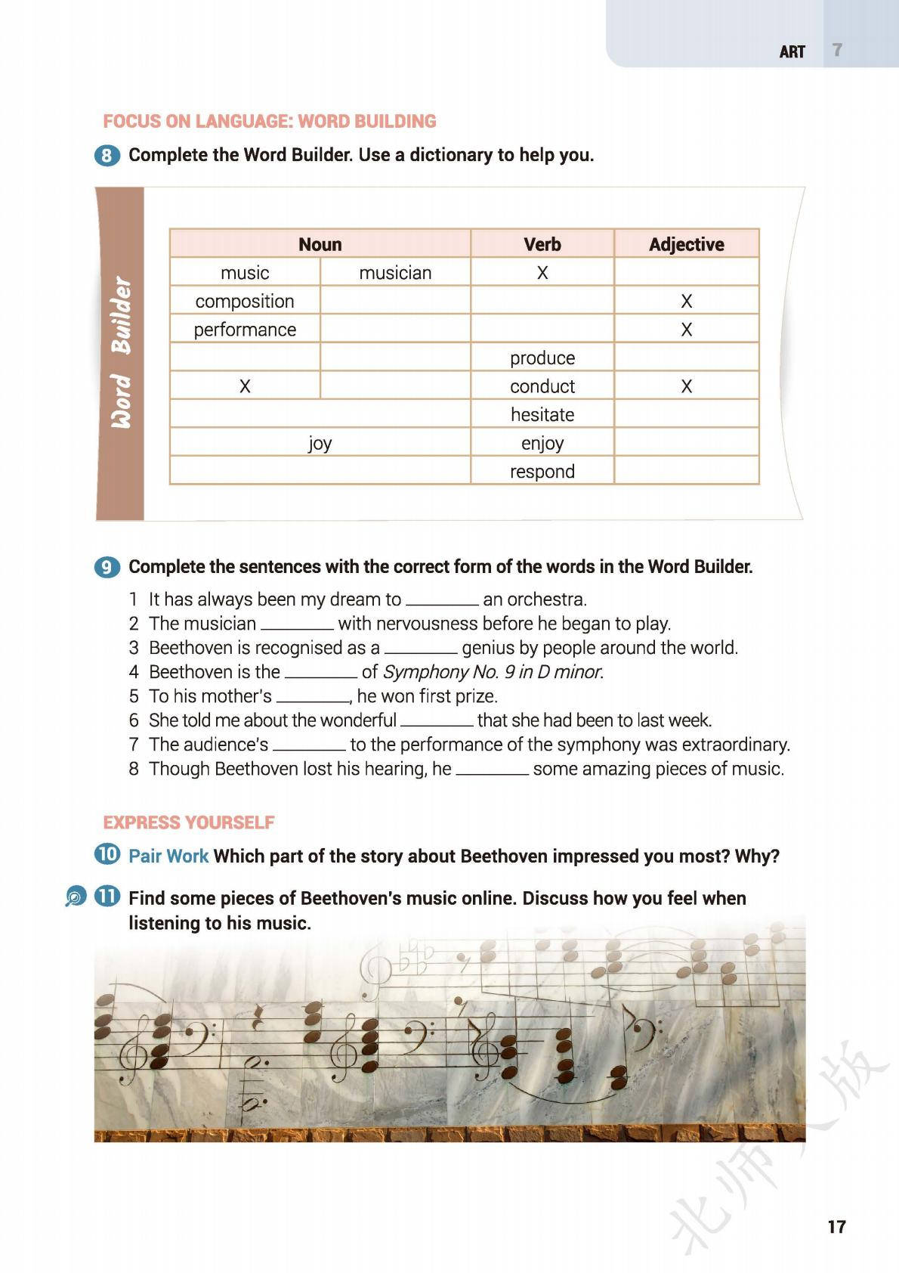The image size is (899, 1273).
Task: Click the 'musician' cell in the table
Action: click(395, 273)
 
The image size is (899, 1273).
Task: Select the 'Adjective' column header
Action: click(686, 244)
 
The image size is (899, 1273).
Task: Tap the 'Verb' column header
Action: click(542, 244)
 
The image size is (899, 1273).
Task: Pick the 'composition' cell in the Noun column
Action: click(245, 301)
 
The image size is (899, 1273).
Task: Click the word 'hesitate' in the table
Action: click(542, 414)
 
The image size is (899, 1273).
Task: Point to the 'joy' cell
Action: click(320, 443)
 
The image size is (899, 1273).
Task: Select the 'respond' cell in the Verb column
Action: click(542, 472)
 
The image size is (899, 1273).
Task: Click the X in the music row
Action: click(542, 273)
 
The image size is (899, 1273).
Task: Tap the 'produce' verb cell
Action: click(542, 358)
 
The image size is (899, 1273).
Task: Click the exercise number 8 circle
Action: click(107, 156)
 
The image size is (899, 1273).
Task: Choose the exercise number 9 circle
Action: click(107, 568)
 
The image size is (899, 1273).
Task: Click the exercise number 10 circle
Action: click(107, 855)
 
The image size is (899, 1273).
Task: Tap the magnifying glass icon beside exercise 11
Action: click(76, 897)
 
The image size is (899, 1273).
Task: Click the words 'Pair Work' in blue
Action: click(168, 856)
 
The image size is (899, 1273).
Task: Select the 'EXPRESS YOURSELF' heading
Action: click(188, 822)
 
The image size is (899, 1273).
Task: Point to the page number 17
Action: click(836, 1226)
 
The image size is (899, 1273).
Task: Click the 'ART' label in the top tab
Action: click(792, 51)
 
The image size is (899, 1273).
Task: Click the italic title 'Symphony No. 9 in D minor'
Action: click(493, 672)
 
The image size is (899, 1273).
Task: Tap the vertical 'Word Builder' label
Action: click(121, 352)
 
